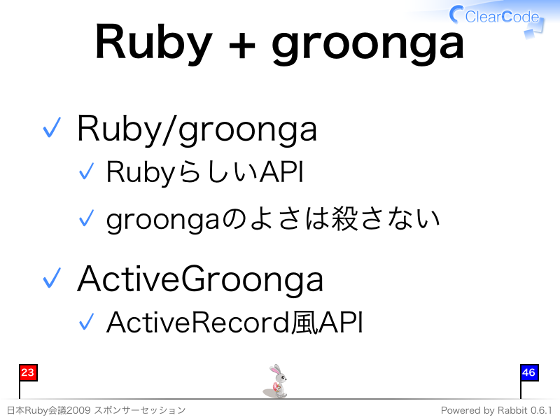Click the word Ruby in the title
pyautogui.click(x=154, y=43)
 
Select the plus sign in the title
pyautogui.click(x=241, y=46)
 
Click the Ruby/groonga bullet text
pyautogui.click(x=197, y=129)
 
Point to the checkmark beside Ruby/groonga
pyautogui.click(x=52, y=127)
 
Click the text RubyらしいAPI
pyautogui.click(x=205, y=172)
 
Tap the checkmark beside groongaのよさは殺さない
pyautogui.click(x=86, y=218)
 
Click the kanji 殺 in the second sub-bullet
pyautogui.click(x=344, y=218)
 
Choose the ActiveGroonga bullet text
pyautogui.click(x=200, y=279)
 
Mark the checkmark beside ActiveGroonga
pyautogui.click(x=52, y=277)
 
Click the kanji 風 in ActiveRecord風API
pyautogui.click(x=304, y=323)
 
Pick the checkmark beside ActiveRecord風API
pyautogui.click(x=86, y=321)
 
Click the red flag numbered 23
pyautogui.click(x=28, y=373)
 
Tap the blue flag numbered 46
pyautogui.click(x=529, y=373)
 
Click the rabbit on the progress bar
pyautogui.click(x=276, y=381)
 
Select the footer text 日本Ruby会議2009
pyautogui.click(x=48, y=410)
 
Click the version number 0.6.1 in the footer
pyautogui.click(x=541, y=410)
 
